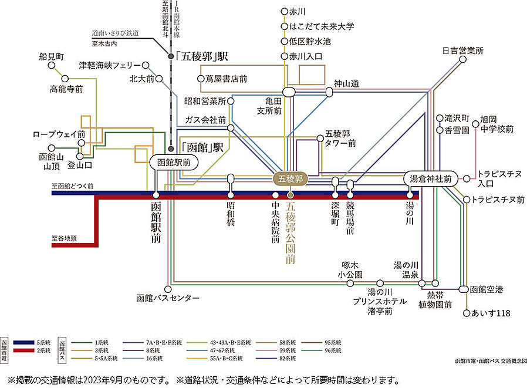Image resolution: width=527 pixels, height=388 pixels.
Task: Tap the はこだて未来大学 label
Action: coord(322,26)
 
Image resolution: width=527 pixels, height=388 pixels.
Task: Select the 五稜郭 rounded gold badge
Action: coord(289,178)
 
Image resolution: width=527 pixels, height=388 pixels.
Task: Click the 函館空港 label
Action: coord(486,289)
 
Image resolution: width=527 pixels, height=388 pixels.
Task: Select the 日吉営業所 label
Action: coord(462,51)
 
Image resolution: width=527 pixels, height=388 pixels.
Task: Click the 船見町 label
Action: coord(50,57)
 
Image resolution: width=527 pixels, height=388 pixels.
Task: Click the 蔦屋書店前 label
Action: coord(225,78)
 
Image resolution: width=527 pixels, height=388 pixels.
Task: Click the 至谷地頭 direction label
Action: coord(63,239)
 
